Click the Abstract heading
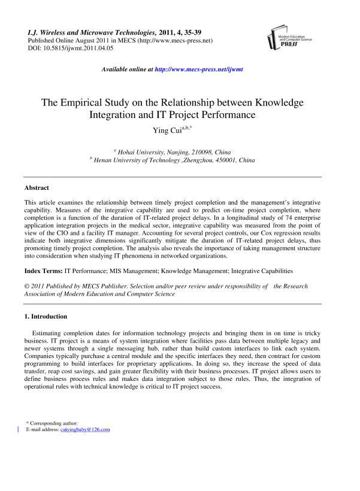pyautogui.click(x=37, y=187)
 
